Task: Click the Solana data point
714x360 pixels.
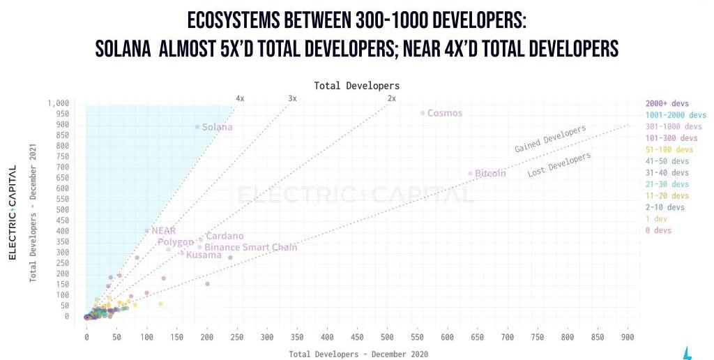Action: (197, 127)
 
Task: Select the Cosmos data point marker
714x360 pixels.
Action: (423, 113)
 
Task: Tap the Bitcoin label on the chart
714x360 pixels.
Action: (490, 173)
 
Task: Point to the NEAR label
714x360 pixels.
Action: (164, 230)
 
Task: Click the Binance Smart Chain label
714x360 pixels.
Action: (250, 247)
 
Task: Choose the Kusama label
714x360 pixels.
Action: (204, 255)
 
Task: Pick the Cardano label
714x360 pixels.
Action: (225, 237)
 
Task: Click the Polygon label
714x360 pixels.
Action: (175, 242)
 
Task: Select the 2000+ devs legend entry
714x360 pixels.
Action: (667, 103)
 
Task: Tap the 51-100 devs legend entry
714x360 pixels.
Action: (669, 149)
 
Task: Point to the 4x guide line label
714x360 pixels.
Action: (240, 98)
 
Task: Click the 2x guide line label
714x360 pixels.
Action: (392, 98)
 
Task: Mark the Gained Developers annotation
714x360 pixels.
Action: (550, 139)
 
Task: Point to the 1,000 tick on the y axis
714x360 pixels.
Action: (59, 103)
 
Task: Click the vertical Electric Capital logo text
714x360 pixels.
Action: (12, 212)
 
